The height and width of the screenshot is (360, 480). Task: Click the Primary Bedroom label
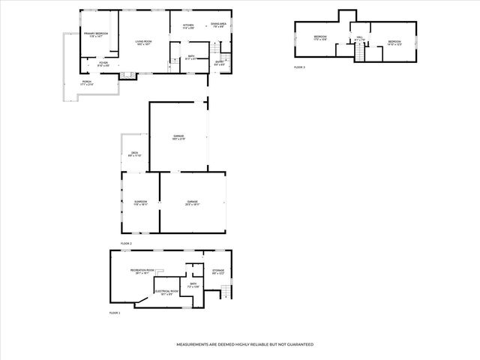pos(96,34)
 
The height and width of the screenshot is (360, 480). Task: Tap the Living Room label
pos(143,42)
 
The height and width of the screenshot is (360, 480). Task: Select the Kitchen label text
pos(188,26)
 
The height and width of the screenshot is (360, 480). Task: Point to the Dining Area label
pos(218,26)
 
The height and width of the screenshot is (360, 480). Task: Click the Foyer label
pos(103,64)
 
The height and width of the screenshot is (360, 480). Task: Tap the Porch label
pos(86,84)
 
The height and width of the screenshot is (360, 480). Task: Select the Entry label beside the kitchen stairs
pos(218,63)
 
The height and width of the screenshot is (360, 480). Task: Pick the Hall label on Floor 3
pos(359,38)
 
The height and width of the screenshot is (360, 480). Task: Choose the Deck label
pos(134,154)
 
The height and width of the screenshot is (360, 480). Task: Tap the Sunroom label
pos(140,202)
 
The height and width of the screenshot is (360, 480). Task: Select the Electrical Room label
pos(166,292)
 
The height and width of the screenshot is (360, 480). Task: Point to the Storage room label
pos(218,271)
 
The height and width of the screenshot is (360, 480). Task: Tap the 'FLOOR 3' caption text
pos(299,67)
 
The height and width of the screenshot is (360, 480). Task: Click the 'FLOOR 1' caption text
pos(115,312)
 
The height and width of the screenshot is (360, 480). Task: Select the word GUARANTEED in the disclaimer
pos(297,344)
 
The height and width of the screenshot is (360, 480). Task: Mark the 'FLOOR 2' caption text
pos(126,244)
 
